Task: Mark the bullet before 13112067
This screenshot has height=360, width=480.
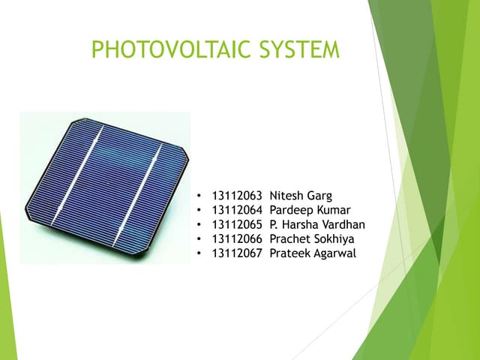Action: click(198, 253)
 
